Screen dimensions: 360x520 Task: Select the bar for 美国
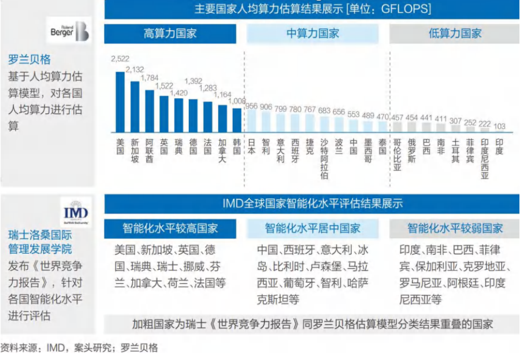[120, 102]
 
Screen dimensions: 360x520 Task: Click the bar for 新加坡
[135, 107]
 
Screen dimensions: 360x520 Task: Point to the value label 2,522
[120, 60]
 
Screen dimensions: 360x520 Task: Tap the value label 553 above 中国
[354, 114]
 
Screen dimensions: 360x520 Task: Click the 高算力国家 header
[170, 34]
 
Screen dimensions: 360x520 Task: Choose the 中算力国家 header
[313, 34]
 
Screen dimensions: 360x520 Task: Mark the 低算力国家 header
[455, 34]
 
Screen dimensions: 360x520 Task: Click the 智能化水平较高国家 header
[170, 228]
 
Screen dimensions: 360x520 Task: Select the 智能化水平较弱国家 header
[455, 228]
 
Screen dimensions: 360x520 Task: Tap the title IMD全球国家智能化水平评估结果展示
[313, 203]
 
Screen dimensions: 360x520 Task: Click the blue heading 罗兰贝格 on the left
[29, 59]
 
